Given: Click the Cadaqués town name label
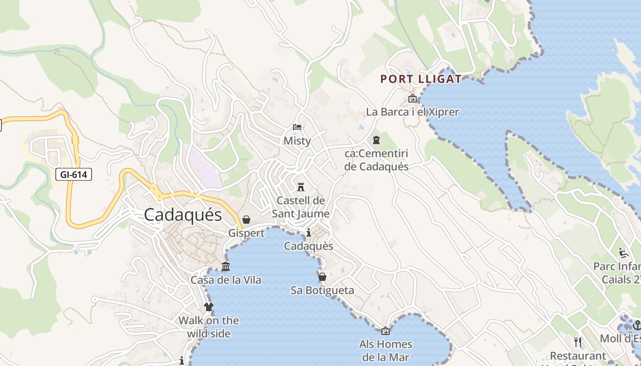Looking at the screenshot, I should [x=183, y=215].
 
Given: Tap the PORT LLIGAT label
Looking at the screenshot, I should [x=421, y=79].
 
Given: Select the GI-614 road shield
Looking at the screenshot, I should [x=74, y=174].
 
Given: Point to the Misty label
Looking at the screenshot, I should [x=297, y=141].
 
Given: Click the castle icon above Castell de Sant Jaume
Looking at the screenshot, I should [x=301, y=187].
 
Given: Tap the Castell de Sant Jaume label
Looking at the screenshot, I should [x=301, y=207].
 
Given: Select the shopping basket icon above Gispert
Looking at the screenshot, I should [x=246, y=220].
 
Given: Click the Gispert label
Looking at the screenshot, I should [x=246, y=233].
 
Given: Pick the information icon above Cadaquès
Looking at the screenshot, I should [x=309, y=233].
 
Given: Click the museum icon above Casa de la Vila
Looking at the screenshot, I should [x=226, y=266].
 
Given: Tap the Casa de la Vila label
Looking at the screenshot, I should [x=226, y=280].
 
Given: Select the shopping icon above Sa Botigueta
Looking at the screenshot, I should [x=322, y=277].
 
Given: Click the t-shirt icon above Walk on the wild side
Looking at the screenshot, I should [x=209, y=307].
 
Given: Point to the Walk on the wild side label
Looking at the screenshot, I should [x=209, y=327].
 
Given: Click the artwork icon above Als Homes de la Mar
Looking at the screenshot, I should [x=386, y=330].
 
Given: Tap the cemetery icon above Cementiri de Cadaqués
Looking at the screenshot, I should [x=376, y=140].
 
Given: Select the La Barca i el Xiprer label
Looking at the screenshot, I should [x=412, y=112].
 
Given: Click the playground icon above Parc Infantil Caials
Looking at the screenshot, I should [x=623, y=252].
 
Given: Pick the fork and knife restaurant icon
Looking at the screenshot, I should [x=578, y=342].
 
